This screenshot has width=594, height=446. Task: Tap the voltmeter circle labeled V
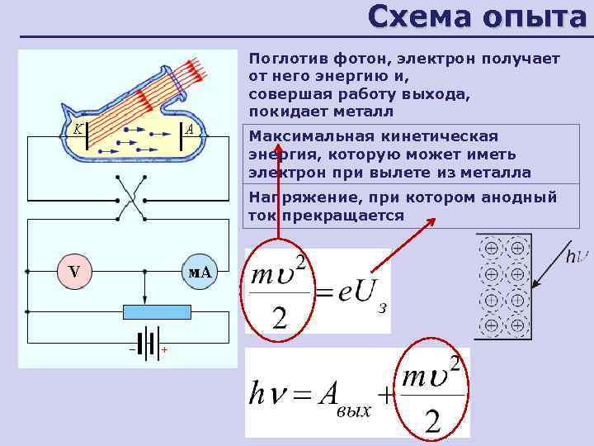click(75, 272)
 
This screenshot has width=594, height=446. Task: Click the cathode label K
click(75, 129)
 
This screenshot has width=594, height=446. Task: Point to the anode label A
click(189, 129)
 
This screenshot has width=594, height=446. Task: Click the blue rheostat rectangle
click(157, 311)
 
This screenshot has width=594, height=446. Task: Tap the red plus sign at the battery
click(164, 350)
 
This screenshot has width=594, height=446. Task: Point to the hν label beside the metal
click(577, 256)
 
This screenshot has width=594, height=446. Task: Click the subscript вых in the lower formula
click(353, 410)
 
